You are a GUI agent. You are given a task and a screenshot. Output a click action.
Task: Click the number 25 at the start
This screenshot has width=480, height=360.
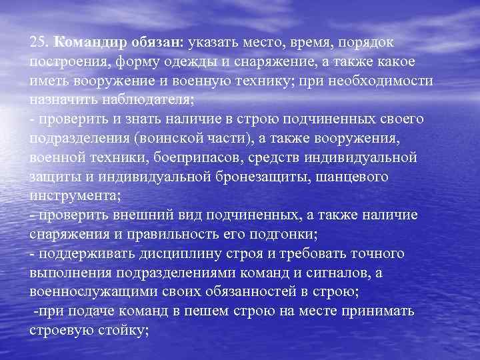[x=38, y=43]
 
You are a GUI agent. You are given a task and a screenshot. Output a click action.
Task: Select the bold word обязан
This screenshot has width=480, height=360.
[x=152, y=43]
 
